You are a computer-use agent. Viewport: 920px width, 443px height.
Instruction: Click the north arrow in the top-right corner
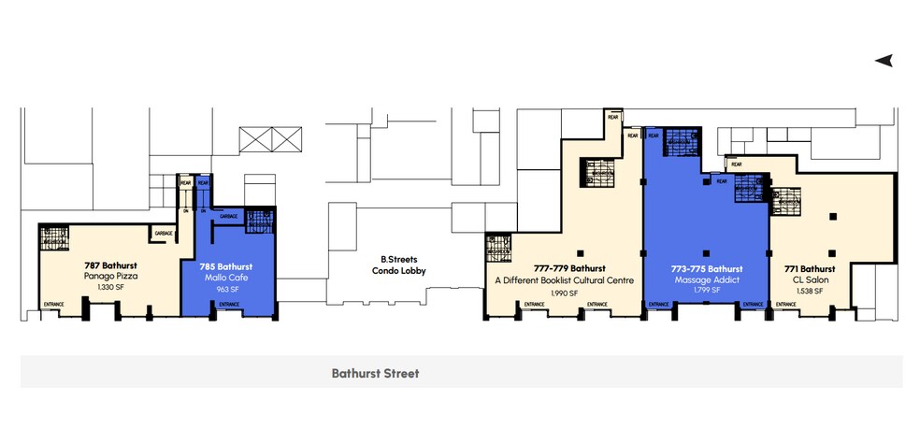(884, 61)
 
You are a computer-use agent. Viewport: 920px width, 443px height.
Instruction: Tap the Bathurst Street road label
(375, 374)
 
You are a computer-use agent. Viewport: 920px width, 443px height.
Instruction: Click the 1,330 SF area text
(109, 288)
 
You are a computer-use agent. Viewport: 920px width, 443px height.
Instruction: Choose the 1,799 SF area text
(707, 291)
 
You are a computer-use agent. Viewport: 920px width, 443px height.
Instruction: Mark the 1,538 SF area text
(811, 291)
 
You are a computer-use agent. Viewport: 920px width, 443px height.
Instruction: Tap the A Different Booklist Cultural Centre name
(565, 280)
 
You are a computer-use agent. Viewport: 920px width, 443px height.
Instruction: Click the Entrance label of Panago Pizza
(54, 304)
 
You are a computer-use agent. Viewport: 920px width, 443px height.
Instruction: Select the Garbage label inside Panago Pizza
(163, 232)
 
